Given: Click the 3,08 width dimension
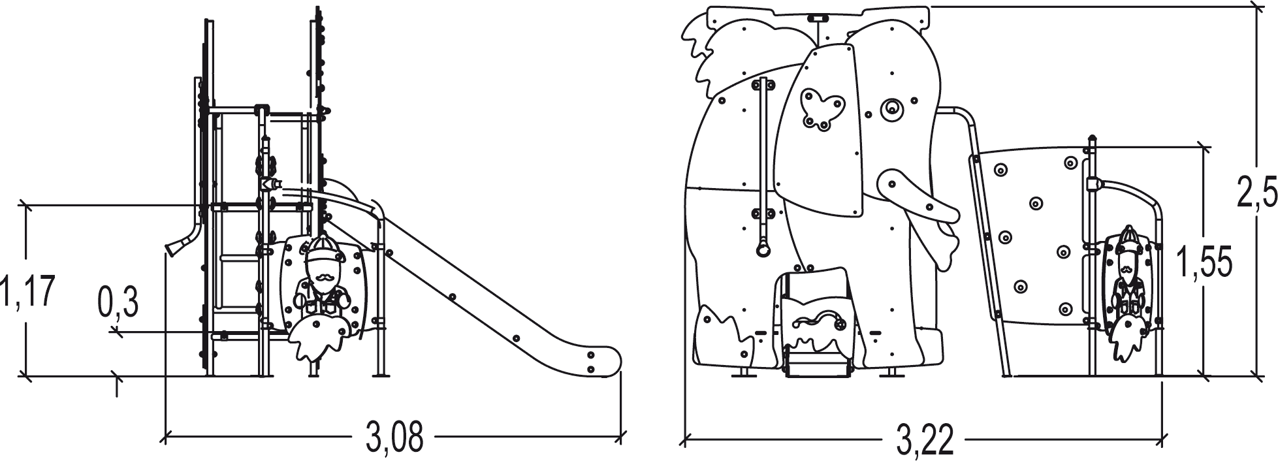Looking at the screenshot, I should (x=394, y=438).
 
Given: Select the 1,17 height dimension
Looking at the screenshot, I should (x=27, y=291).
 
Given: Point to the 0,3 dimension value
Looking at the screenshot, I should (x=118, y=302).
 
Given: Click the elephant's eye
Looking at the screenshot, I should (x=890, y=110).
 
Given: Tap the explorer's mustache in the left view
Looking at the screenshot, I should (x=323, y=278).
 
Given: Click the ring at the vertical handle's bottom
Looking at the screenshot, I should (x=762, y=248).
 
